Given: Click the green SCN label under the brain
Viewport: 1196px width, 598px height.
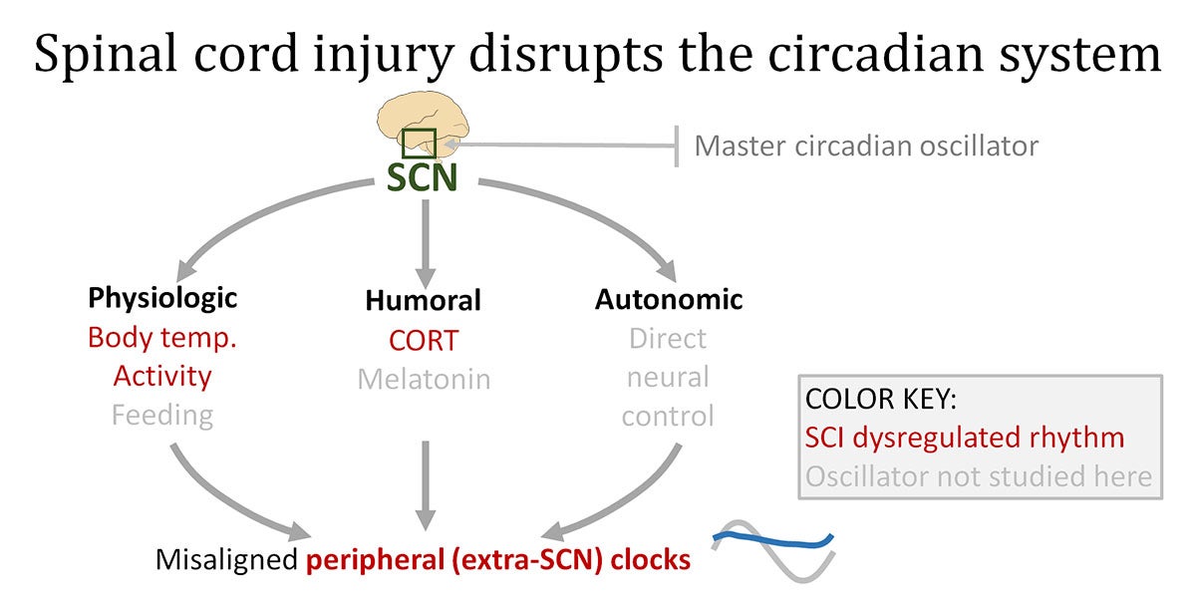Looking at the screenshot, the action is pyautogui.click(x=422, y=177).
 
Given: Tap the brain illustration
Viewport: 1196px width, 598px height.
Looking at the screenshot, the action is pyautogui.click(x=423, y=126).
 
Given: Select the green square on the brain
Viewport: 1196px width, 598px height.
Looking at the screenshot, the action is pyautogui.click(x=420, y=144).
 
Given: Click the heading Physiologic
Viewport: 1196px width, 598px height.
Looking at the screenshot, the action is pyautogui.click(x=162, y=298).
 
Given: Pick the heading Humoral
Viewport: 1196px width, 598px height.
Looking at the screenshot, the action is pyautogui.click(x=424, y=300).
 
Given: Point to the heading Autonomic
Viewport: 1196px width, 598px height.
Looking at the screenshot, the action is pyautogui.click(x=669, y=300).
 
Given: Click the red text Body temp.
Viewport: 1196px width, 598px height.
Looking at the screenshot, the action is pyautogui.click(x=162, y=338).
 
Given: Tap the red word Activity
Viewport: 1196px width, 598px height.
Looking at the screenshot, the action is pyautogui.click(x=162, y=377).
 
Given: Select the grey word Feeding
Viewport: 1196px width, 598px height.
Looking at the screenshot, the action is pyautogui.click(x=162, y=416).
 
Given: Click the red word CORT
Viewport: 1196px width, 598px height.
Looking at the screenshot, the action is pyautogui.click(x=424, y=341).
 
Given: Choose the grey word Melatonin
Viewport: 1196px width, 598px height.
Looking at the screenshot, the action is pyautogui.click(x=424, y=380).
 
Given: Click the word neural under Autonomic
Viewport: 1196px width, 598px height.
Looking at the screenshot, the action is pyautogui.click(x=668, y=378).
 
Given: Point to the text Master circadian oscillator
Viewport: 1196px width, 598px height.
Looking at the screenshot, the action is pyautogui.click(x=866, y=146).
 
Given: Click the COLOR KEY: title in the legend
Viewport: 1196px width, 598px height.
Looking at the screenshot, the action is pyautogui.click(x=881, y=399).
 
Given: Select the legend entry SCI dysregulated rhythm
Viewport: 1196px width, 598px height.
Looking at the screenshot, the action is pyautogui.click(x=965, y=438).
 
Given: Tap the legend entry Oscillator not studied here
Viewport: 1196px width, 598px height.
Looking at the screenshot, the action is pyautogui.click(x=979, y=476).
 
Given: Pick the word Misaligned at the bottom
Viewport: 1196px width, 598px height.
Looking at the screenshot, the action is pyautogui.click(x=226, y=559).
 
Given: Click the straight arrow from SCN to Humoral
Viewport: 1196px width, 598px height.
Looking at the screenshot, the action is pyautogui.click(x=426, y=244).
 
